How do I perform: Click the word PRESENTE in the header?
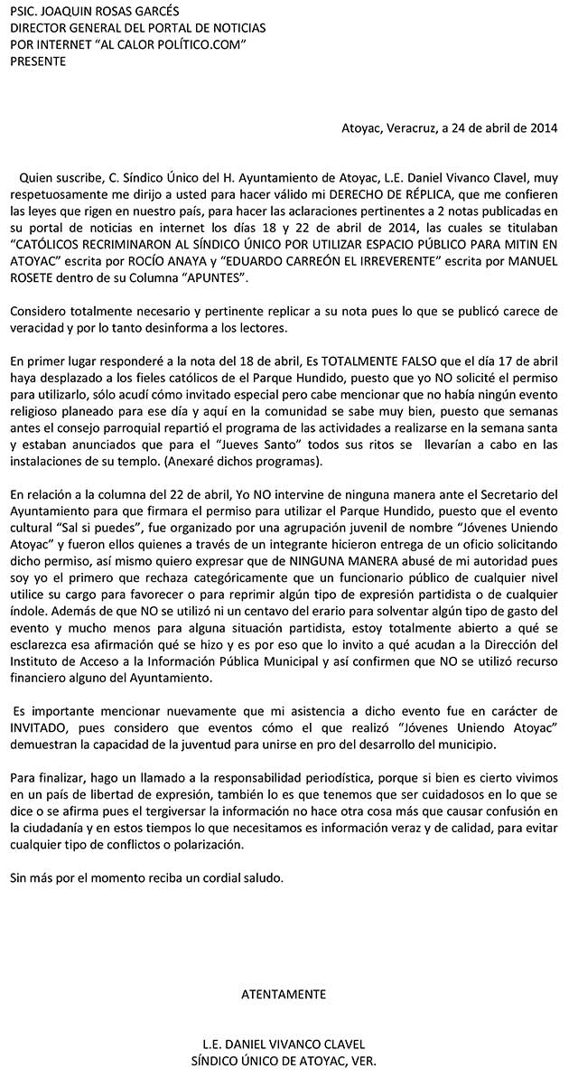37,61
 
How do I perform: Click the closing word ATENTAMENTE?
284,995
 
